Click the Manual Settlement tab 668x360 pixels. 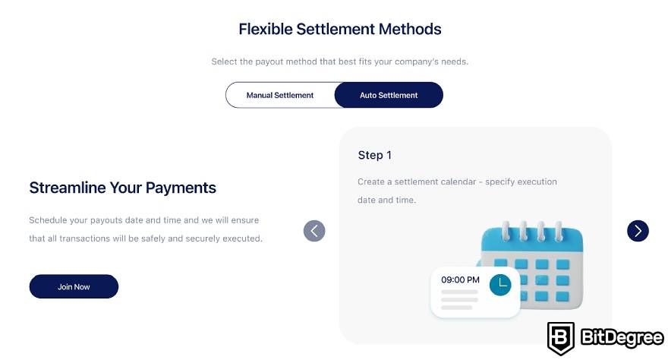(x=280, y=95)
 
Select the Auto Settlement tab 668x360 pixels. (x=389, y=95)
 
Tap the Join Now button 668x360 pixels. (x=74, y=286)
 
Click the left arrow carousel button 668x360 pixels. (x=314, y=231)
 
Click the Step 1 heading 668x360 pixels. (x=374, y=155)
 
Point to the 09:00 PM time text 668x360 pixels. (x=460, y=280)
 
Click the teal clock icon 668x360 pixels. (x=500, y=285)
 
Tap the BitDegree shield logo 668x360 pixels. (x=561, y=338)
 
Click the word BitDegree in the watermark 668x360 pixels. (x=622, y=338)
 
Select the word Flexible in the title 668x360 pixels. (x=266, y=29)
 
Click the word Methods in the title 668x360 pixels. (x=410, y=29)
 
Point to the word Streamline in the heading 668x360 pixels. (x=68, y=188)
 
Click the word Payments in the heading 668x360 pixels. (x=181, y=188)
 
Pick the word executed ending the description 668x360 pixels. (x=242, y=238)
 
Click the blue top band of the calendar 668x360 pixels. (x=532, y=241)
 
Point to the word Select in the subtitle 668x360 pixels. (x=224, y=62)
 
